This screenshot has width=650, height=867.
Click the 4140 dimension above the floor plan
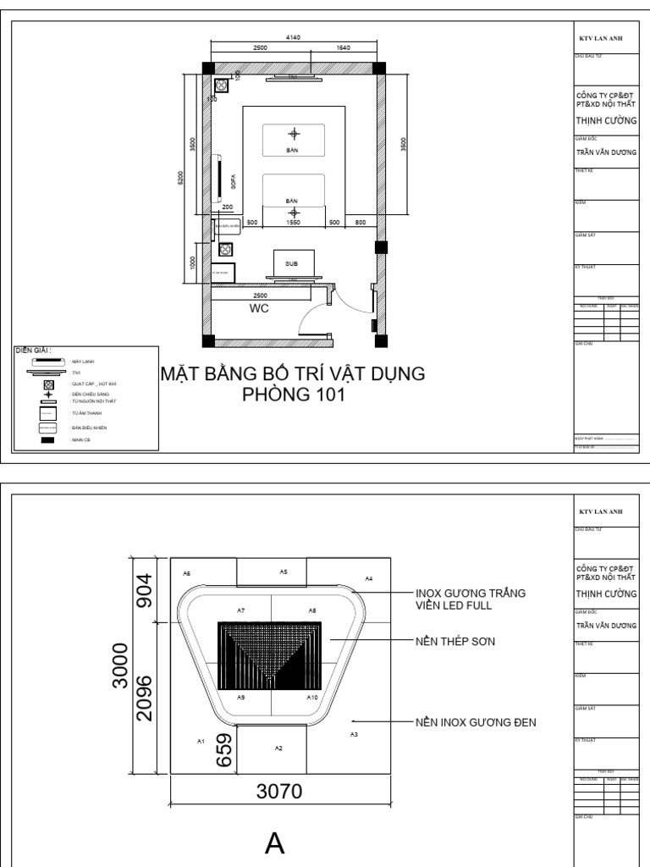(x=294, y=37)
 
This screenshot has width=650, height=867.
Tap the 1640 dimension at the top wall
(x=343, y=48)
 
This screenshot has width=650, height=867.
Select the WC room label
(x=259, y=309)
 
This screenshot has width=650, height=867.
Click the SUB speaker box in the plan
(x=293, y=263)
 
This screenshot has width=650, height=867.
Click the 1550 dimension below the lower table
(x=294, y=223)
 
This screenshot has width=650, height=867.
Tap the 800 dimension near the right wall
(x=361, y=223)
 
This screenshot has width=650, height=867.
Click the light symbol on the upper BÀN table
(x=294, y=133)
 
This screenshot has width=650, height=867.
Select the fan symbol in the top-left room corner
(x=222, y=86)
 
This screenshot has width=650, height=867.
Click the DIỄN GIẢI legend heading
(x=34, y=350)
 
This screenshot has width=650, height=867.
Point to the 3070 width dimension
(x=280, y=791)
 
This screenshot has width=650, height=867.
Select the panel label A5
(x=284, y=572)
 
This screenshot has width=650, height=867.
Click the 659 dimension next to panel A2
(x=224, y=750)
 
